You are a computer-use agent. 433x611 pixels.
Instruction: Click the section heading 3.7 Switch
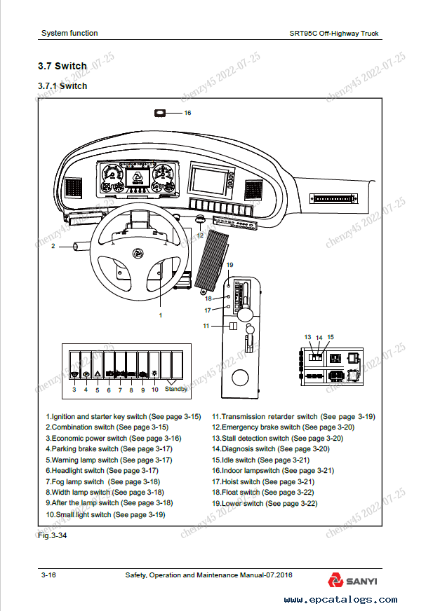tap(62, 67)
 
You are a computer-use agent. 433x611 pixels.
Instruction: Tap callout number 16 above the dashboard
tap(187, 112)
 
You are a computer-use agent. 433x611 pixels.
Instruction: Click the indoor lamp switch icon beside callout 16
tap(161, 112)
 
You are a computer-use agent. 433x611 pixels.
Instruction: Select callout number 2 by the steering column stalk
tap(53, 246)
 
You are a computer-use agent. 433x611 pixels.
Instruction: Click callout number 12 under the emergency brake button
tap(200, 235)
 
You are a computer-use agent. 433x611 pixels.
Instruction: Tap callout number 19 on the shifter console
tap(229, 265)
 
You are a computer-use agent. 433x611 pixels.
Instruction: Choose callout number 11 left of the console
tap(206, 326)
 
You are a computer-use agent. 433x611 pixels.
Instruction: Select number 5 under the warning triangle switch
tap(97, 390)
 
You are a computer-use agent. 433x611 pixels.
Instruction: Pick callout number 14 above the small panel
tap(319, 338)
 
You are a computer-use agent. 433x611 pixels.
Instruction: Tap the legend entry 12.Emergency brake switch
tap(283, 427)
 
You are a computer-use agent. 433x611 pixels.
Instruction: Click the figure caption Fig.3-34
tap(53, 535)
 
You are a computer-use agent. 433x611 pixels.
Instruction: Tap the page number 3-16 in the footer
tap(49, 575)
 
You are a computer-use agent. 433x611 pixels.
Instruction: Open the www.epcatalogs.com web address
tap(340, 600)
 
